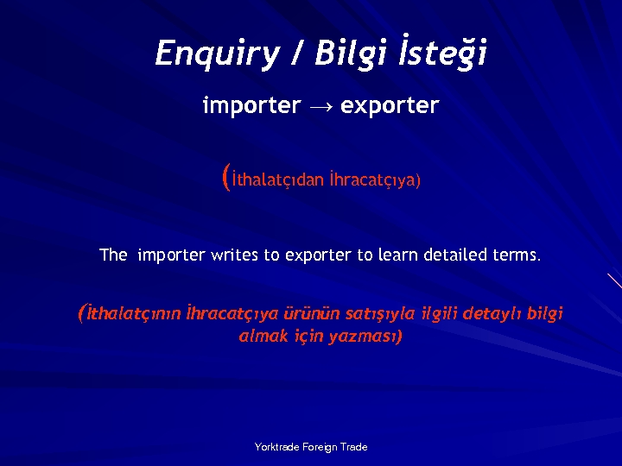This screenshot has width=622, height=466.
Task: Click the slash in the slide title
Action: [x=296, y=54]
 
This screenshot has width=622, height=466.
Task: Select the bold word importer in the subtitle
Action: [x=251, y=106]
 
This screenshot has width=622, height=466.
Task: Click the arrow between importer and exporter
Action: [x=321, y=107]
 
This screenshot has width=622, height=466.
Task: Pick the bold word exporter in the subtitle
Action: [x=390, y=106]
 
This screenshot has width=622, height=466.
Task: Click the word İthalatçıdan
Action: [x=278, y=180]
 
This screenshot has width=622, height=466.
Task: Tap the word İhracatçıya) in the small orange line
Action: [x=375, y=180]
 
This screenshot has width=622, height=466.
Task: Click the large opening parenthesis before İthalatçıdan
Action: [x=226, y=178]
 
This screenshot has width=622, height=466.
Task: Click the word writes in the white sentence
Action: [x=235, y=255]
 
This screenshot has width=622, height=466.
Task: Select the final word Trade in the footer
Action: [x=354, y=447]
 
